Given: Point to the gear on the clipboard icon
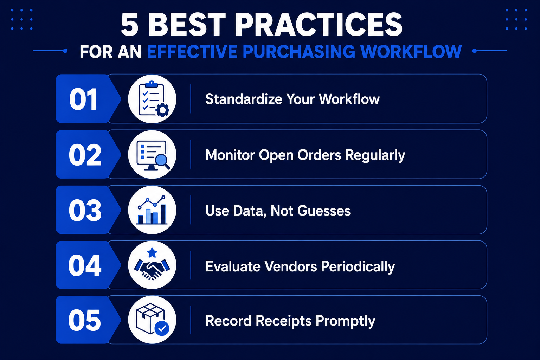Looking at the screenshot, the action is coord(162,110).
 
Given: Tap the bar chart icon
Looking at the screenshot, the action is coord(152,210).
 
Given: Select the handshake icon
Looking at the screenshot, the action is coord(152,269).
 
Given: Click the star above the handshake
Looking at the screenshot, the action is coord(152,253).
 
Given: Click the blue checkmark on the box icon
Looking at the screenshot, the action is coord(162,328).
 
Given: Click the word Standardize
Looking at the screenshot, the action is coord(244,99).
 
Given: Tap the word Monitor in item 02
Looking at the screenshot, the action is coord(230,155).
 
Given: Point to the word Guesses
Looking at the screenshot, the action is coord(324,211).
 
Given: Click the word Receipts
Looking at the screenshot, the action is coord(283,321).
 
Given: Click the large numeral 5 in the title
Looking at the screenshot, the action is coord(130,25).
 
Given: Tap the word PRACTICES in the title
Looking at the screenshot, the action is coord(319,25).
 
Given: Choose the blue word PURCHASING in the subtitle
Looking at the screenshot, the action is coord(299,51).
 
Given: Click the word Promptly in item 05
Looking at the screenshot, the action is coord(345,321).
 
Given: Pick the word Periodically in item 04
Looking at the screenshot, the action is coord(358,267).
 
